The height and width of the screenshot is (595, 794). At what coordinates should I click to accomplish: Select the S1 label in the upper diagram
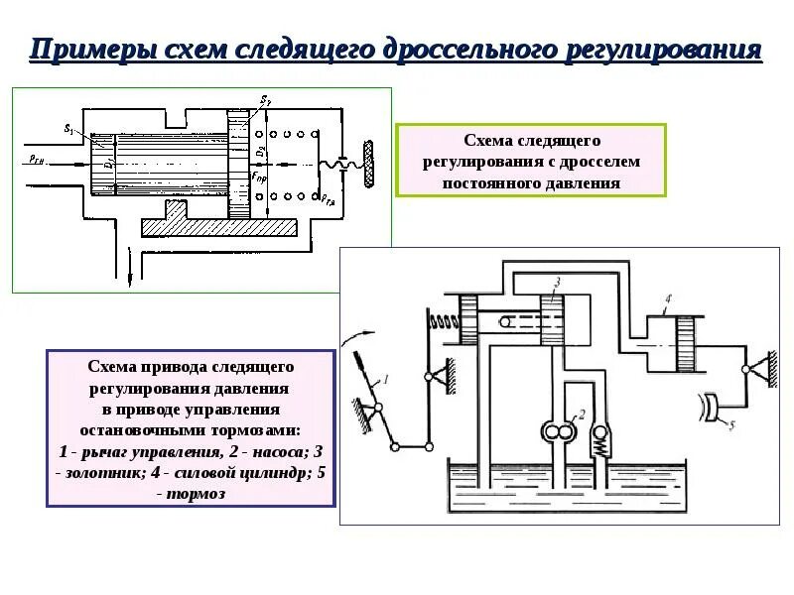67,129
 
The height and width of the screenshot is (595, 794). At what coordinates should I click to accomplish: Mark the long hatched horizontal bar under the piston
217,227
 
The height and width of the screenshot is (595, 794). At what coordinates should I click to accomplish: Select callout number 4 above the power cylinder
668,298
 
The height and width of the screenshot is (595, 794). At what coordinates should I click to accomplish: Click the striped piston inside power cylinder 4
688,342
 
